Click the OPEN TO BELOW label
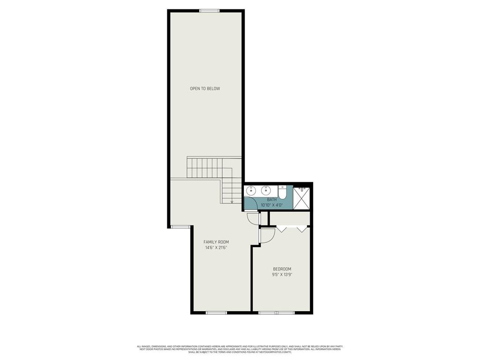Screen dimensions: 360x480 pyautogui.click(x=205, y=89)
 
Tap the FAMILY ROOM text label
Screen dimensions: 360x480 pyautogui.click(x=216, y=242)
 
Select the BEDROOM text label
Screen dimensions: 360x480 pyautogui.click(x=282, y=269)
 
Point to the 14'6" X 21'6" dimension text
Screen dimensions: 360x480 pyautogui.click(x=216, y=248)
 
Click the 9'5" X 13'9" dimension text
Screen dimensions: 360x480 pyautogui.click(x=282, y=275)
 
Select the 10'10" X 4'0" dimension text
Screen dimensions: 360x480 pyautogui.click(x=272, y=205)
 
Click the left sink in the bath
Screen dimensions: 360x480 pyautogui.click(x=251, y=190)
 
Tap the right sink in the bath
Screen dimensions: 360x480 pyautogui.click(x=266, y=190)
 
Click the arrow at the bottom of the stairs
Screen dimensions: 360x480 pyautogui.click(x=232, y=202)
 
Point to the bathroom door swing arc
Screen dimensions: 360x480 pyautogui.click(x=250, y=203)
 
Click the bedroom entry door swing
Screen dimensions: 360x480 pyautogui.click(x=268, y=236)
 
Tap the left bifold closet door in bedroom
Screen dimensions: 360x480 pyautogui.click(x=282, y=229)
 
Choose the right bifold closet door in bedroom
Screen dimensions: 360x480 pyautogui.click(x=302, y=229)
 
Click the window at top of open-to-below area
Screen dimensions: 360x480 pyautogui.click(x=209, y=11)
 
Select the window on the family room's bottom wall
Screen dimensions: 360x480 pyautogui.click(x=216, y=312)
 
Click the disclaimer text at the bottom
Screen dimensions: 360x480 pyautogui.click(x=240, y=349)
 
